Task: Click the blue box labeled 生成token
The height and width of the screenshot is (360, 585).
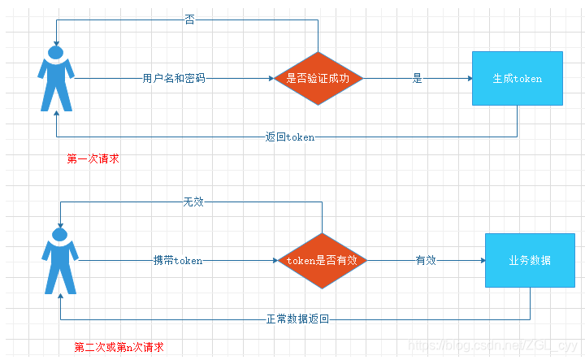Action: click(x=518, y=79)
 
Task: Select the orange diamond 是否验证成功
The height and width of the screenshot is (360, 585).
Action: click(x=318, y=79)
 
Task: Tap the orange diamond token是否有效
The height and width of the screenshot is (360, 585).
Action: click(x=323, y=261)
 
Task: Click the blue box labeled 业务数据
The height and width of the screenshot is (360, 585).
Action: click(x=530, y=261)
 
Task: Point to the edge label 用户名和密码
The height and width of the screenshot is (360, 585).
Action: click(x=173, y=79)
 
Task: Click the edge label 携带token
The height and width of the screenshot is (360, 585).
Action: click(x=178, y=261)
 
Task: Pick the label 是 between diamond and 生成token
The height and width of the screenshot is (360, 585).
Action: click(x=418, y=79)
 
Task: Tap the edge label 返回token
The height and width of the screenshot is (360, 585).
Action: click(x=290, y=137)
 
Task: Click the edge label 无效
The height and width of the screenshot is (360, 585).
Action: click(x=193, y=202)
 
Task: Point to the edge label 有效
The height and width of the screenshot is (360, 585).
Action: click(x=426, y=261)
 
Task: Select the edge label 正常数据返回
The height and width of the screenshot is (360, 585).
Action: click(x=297, y=319)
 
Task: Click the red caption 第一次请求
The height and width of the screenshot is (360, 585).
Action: click(x=93, y=159)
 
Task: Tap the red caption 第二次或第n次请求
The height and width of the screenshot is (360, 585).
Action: click(x=119, y=348)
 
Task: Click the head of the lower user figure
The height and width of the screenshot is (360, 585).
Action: click(x=59, y=235)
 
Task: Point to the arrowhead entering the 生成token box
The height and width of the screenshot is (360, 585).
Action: click(x=469, y=79)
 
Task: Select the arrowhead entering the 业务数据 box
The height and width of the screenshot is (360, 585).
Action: click(x=482, y=261)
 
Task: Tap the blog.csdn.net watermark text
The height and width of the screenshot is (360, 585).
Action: click(x=495, y=346)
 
